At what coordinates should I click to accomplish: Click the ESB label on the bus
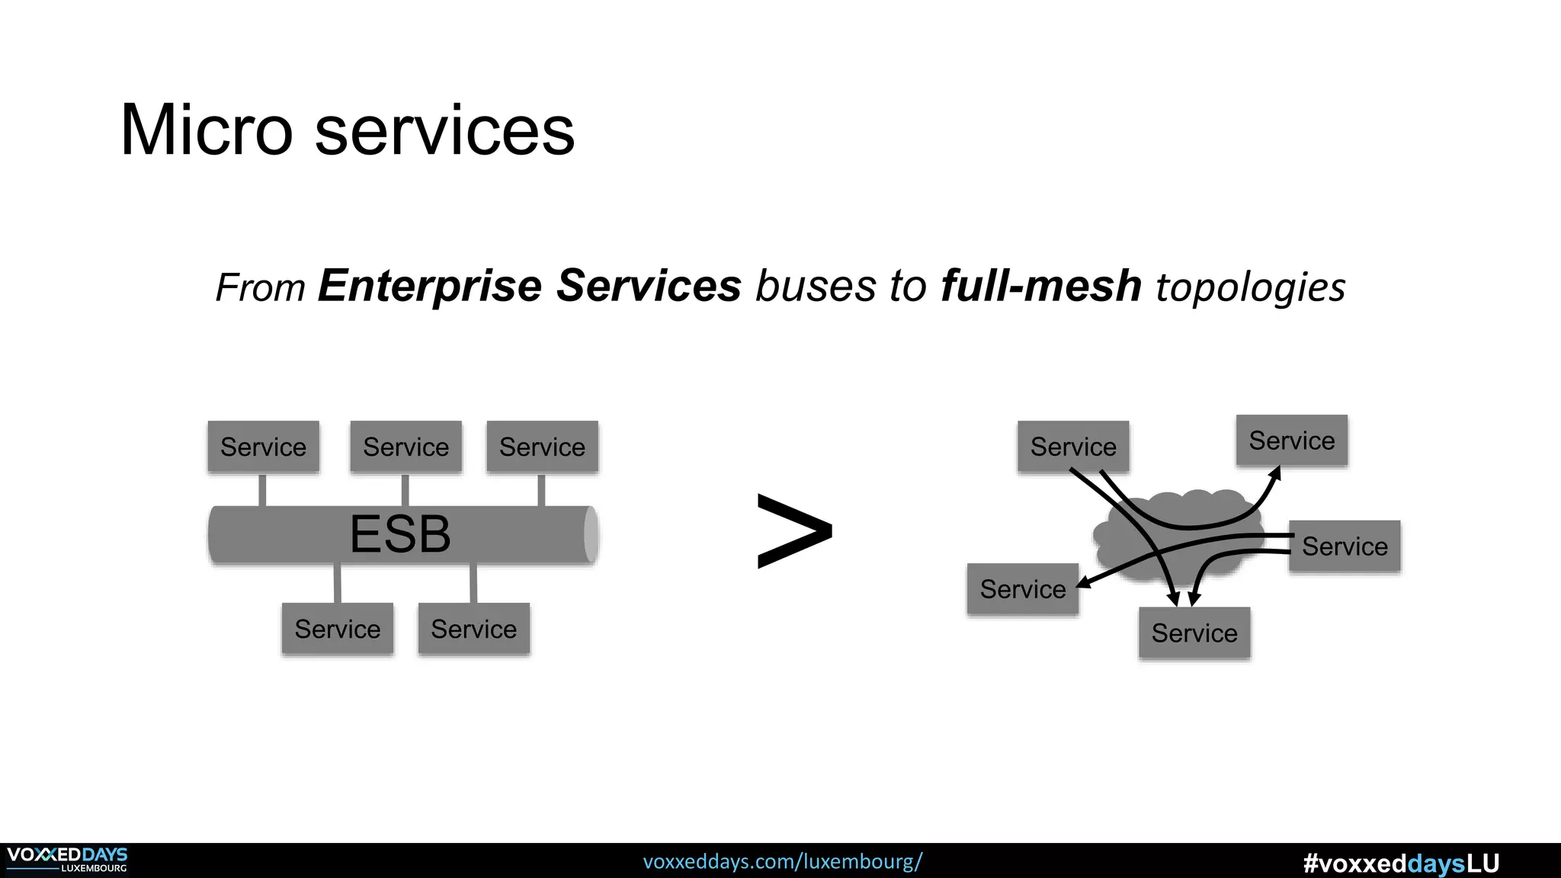click(x=400, y=534)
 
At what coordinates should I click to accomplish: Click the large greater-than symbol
click(x=794, y=531)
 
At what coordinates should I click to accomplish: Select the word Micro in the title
click(x=207, y=130)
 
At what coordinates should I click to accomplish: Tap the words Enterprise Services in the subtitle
click(x=530, y=286)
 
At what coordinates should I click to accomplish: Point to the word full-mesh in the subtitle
click(x=1040, y=286)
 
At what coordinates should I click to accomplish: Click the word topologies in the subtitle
click(x=1251, y=287)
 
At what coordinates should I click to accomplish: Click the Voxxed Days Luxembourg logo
click(x=67, y=860)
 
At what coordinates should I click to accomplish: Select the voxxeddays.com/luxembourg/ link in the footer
click(x=783, y=862)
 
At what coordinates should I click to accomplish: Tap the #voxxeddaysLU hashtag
click(x=1401, y=863)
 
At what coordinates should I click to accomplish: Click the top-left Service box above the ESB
click(x=263, y=447)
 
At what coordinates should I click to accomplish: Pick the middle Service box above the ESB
click(x=405, y=447)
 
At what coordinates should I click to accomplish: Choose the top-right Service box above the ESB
click(x=542, y=447)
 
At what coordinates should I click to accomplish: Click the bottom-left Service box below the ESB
click(x=337, y=629)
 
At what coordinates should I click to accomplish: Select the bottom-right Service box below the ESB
click(x=473, y=629)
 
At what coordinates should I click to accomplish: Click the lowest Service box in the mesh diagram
click(x=1194, y=633)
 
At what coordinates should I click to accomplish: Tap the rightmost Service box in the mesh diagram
click(x=1345, y=546)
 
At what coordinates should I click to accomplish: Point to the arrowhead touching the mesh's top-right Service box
click(x=1275, y=474)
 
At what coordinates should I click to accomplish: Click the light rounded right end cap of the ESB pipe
click(x=591, y=534)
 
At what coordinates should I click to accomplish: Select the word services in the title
click(x=444, y=130)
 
